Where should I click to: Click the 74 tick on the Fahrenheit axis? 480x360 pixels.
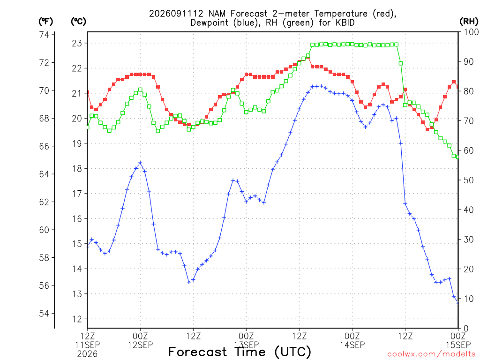(44, 35)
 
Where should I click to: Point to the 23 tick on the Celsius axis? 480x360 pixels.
(77, 43)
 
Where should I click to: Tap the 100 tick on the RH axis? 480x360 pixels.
(472, 32)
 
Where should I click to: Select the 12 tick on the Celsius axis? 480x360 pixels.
(77, 319)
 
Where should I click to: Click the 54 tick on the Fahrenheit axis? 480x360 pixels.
(44, 313)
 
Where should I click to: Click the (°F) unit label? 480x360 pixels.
(45, 22)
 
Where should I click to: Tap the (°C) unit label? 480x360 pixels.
(78, 22)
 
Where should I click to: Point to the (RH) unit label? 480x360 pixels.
(469, 22)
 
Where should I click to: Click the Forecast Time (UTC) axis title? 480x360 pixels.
(240, 352)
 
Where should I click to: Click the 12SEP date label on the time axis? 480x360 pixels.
(140, 345)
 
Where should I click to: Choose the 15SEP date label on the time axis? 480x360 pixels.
(458, 345)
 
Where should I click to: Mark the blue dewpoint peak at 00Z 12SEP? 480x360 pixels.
(140, 163)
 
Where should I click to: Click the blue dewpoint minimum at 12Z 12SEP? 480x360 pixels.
(189, 282)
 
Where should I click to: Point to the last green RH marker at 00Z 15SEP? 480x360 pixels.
(458, 157)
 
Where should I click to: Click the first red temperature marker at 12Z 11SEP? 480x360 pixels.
(88, 92)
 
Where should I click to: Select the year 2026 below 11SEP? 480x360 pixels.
(87, 354)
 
